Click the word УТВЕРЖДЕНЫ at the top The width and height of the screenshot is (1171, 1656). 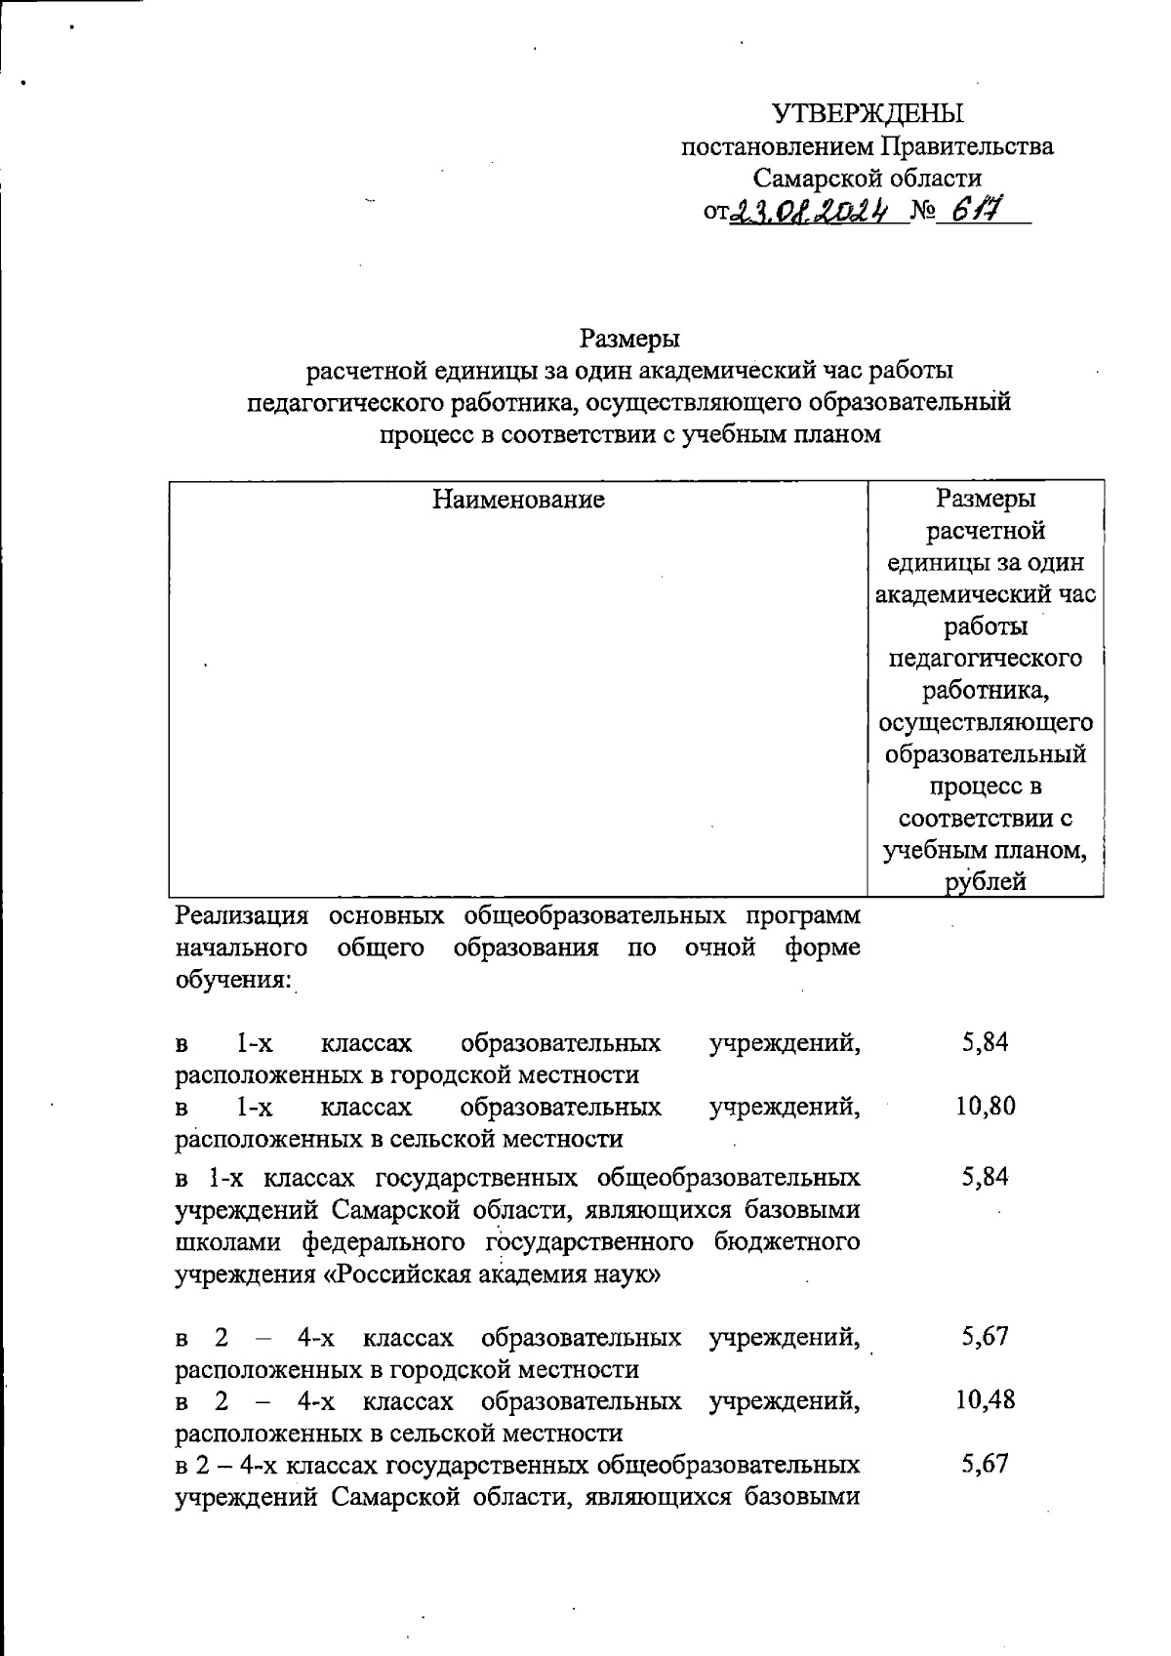868,114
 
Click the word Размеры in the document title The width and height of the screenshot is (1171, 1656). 629,339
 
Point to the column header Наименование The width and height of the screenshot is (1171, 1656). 518,500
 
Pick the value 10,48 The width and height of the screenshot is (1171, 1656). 986,1400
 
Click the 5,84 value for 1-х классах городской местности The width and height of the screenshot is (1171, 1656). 986,1042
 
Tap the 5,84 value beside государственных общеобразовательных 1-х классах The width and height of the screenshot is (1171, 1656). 986,1177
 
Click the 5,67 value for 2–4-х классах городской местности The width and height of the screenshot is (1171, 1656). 986,1337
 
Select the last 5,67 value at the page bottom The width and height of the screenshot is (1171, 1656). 986,1464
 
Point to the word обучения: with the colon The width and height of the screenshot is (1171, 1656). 233,979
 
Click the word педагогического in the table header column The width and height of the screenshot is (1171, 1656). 986,658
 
